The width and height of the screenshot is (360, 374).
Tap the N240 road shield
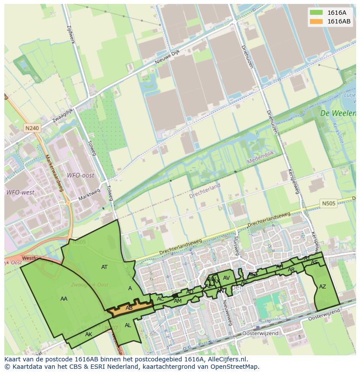click(32, 128)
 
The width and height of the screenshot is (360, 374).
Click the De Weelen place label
click(337, 113)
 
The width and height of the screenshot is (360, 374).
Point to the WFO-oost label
click(80, 175)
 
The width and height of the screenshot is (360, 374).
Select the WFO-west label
click(20, 192)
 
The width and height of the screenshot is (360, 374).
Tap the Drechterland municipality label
click(204, 191)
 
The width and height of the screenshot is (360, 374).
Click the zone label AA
click(64, 298)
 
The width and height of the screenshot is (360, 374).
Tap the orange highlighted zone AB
click(129, 308)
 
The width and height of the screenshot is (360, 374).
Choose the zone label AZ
click(322, 287)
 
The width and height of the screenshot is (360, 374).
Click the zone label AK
click(89, 334)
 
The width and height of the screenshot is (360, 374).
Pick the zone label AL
click(128, 325)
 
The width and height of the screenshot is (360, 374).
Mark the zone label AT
click(104, 267)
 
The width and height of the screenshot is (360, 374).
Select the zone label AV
click(226, 278)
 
